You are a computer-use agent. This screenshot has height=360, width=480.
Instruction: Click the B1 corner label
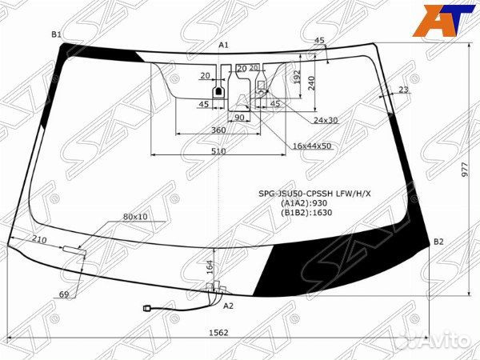coord(56,34)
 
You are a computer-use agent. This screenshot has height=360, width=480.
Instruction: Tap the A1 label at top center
coord(224,45)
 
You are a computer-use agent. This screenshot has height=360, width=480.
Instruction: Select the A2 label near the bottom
coord(229,306)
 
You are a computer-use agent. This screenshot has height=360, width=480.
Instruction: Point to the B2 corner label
coord(438,241)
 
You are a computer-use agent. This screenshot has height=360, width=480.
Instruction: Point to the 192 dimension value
coord(297,78)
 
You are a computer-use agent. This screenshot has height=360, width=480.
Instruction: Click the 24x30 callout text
coord(326,119)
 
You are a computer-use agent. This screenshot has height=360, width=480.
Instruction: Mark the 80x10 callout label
coord(135,217)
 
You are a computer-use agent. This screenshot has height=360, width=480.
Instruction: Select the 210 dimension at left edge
coord(39,239)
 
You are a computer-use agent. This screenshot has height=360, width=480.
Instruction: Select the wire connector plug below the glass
coord(146,306)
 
